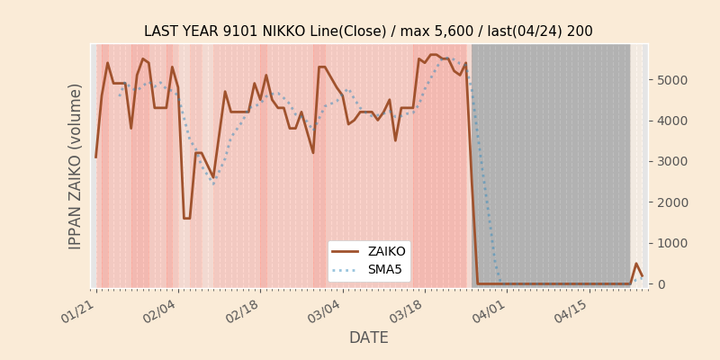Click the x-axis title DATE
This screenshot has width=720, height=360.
click(369, 337)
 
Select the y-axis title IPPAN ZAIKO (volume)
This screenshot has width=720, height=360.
click(76, 166)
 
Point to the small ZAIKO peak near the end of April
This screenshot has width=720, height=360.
click(636, 264)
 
